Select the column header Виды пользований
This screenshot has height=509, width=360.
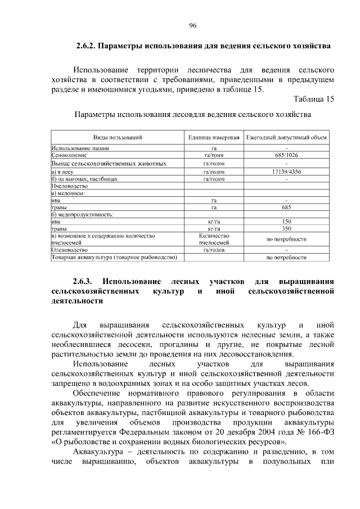click(118, 137)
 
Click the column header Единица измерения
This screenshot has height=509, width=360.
click(214, 137)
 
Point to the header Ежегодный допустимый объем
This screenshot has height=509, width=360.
click(286, 137)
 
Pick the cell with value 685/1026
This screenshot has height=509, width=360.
click(286, 154)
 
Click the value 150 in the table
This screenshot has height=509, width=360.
click(286, 222)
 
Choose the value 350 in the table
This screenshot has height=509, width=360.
click(286, 229)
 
